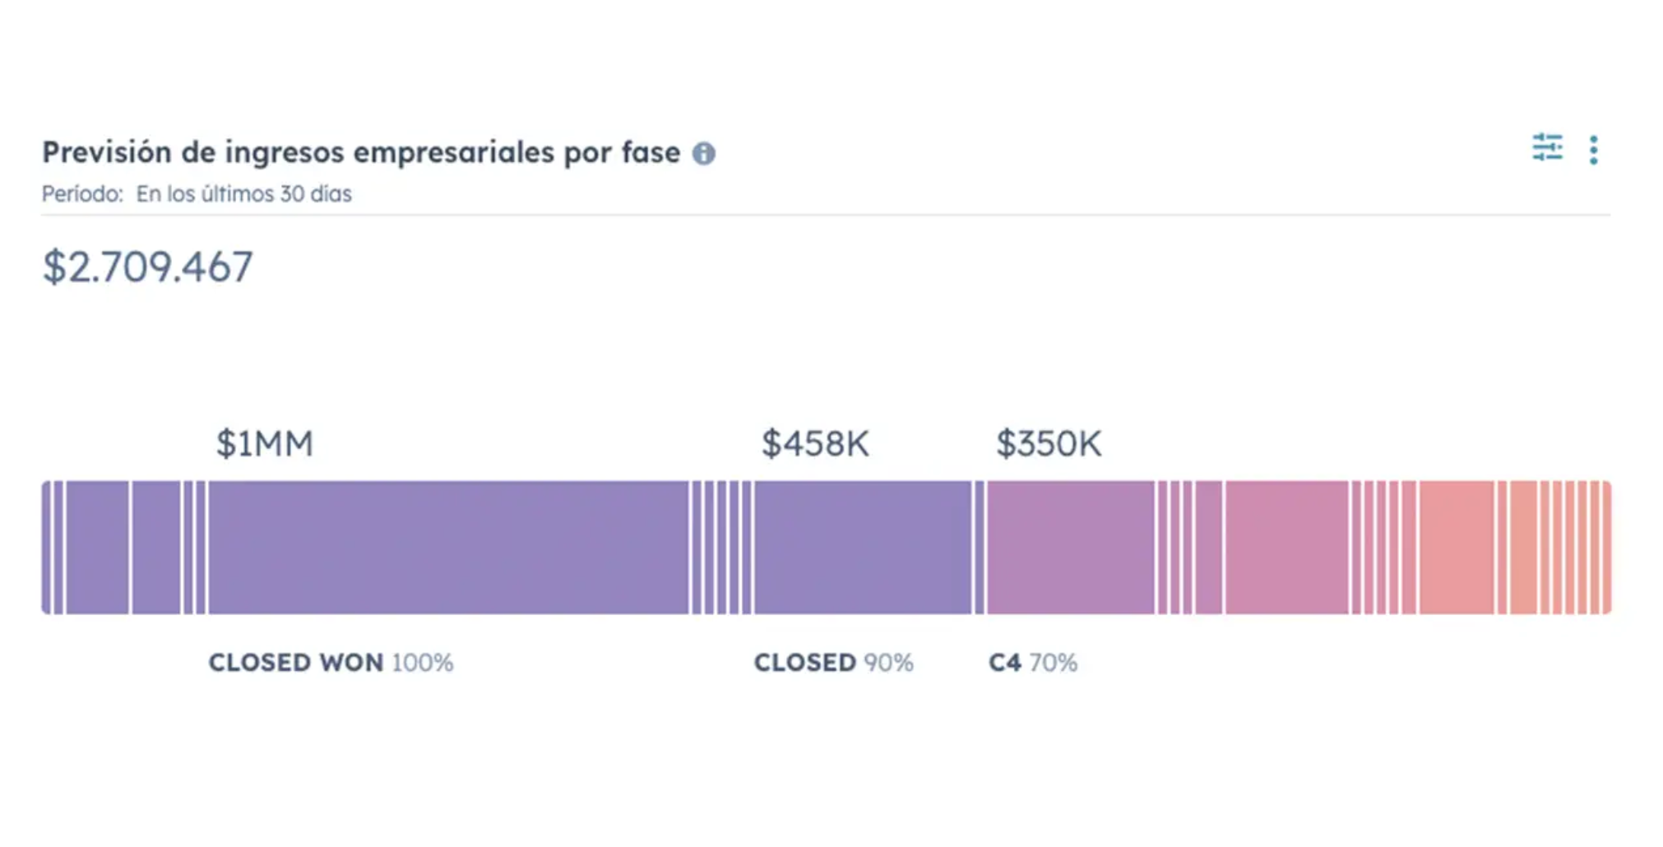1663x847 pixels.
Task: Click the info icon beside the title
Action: [x=703, y=154]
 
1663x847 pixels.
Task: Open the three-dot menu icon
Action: [x=1593, y=150]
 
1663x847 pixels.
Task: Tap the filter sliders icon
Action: [x=1547, y=148]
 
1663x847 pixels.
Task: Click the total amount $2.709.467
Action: [x=148, y=267]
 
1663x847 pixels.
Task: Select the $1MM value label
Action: [x=265, y=444]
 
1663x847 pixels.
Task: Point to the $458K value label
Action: [x=815, y=444]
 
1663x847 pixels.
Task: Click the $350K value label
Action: [x=1049, y=444]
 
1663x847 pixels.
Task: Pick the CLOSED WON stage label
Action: [x=296, y=663]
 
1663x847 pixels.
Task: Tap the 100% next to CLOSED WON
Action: [x=423, y=663]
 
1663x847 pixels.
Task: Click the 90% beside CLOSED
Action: [x=888, y=663]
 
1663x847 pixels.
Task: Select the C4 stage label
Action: [x=1005, y=663]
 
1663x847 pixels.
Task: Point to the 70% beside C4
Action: [x=1054, y=663]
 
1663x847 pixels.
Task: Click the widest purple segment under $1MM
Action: [x=448, y=548]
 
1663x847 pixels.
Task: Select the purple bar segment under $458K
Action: [x=863, y=548]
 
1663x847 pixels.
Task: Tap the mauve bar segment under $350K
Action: [x=1071, y=548]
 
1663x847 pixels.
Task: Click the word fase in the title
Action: [x=651, y=153]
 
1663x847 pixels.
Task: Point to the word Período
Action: [x=82, y=194]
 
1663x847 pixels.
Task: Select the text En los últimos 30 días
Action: [x=243, y=194]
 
